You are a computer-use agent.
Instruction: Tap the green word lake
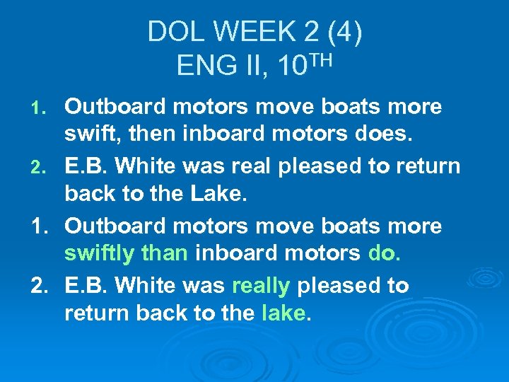283,312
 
